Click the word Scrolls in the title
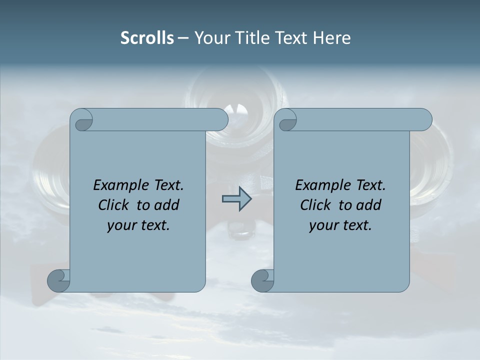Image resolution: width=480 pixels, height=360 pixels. pos(147,38)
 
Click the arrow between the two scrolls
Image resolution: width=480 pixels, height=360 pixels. pos(236,199)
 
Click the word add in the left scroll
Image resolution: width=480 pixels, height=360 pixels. pos(167,205)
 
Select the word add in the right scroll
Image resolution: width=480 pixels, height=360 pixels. pos(369,205)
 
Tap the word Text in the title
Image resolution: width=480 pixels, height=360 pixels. pos(291,38)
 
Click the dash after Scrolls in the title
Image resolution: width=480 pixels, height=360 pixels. pos(183,38)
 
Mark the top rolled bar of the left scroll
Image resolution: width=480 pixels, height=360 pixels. pos(160,119)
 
